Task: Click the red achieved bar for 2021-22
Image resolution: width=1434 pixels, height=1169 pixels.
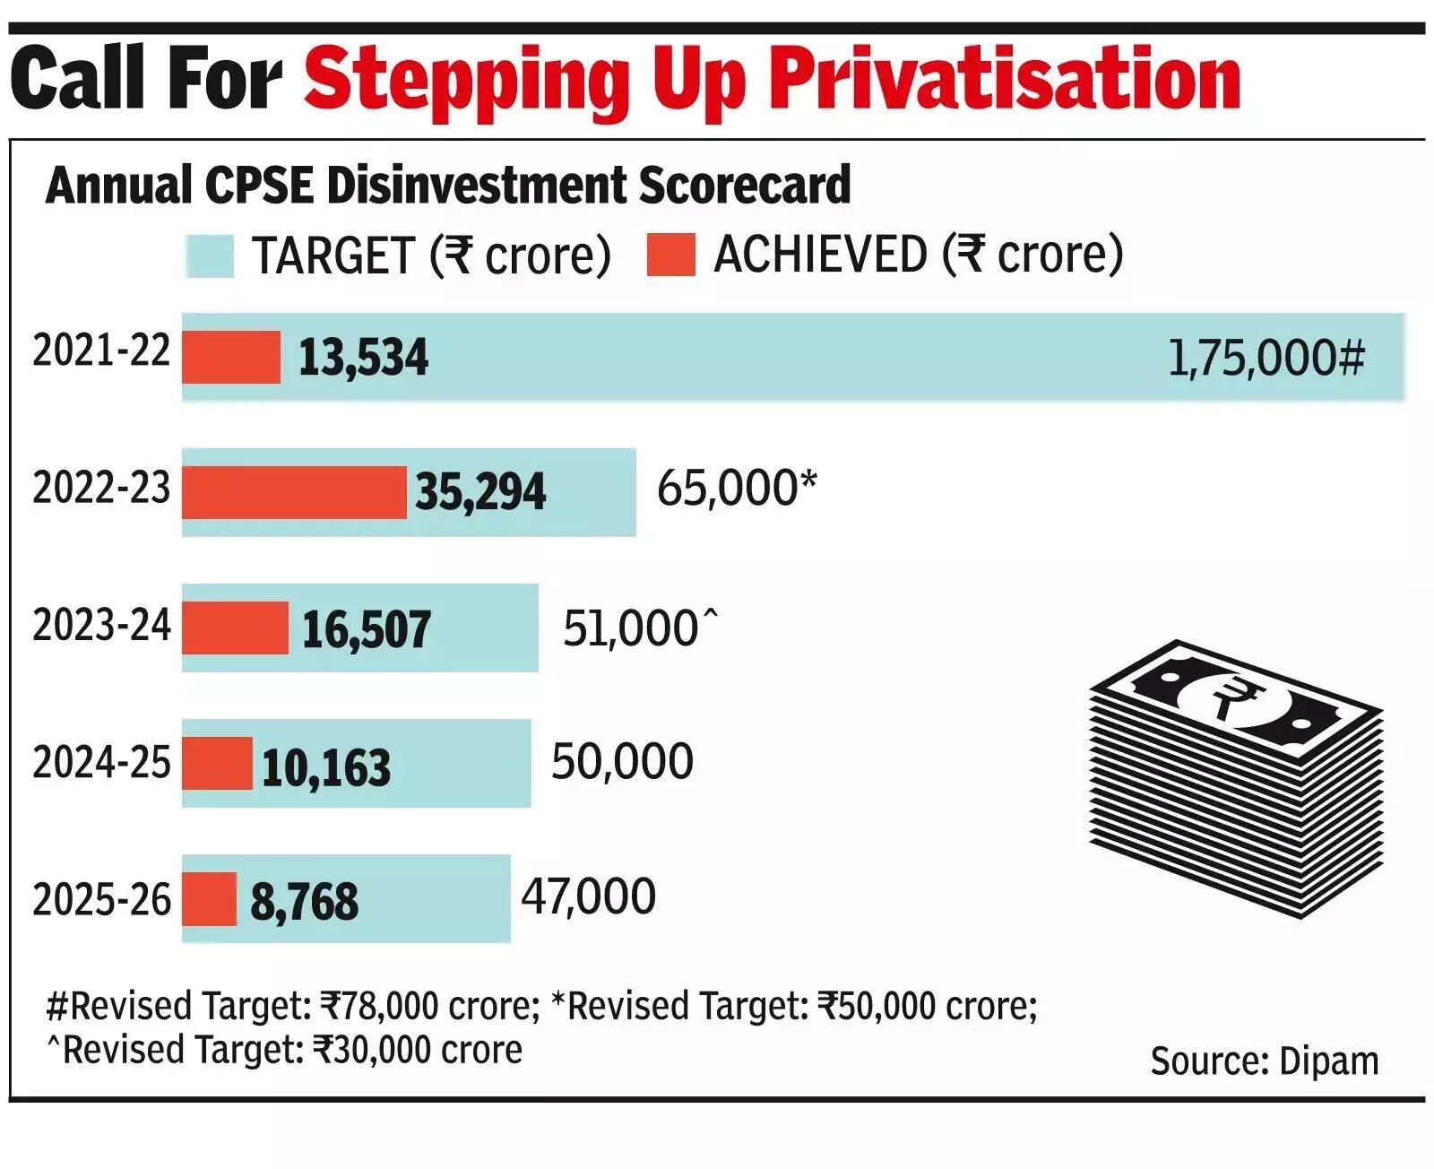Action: tap(231, 357)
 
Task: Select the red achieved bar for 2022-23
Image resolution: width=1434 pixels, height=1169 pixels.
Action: tap(294, 492)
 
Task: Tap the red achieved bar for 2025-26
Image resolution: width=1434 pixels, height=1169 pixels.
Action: tap(209, 899)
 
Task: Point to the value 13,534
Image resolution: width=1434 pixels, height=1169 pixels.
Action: tap(363, 358)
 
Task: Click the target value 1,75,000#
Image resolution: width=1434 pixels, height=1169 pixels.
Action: tap(1266, 358)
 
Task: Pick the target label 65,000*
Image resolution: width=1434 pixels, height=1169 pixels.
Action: tap(737, 489)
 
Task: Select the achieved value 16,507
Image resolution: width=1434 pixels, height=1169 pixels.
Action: tap(367, 628)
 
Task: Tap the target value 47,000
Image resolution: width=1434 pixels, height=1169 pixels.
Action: tap(589, 896)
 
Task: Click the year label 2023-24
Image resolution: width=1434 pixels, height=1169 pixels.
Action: tap(101, 625)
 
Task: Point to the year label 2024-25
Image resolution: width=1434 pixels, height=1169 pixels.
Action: tap(101, 762)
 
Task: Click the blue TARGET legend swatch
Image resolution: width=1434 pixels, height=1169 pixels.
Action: tap(210, 256)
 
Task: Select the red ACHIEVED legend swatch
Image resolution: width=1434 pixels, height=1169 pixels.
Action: tap(670, 255)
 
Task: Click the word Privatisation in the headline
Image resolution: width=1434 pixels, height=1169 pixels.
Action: tap(1006, 81)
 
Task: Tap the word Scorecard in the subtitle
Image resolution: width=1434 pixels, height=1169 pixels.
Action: tap(744, 186)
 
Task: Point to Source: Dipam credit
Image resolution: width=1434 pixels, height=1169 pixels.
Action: tap(1264, 1061)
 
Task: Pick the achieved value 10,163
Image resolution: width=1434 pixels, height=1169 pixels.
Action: tap(326, 767)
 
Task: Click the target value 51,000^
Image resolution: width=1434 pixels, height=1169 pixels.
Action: tap(640, 628)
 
